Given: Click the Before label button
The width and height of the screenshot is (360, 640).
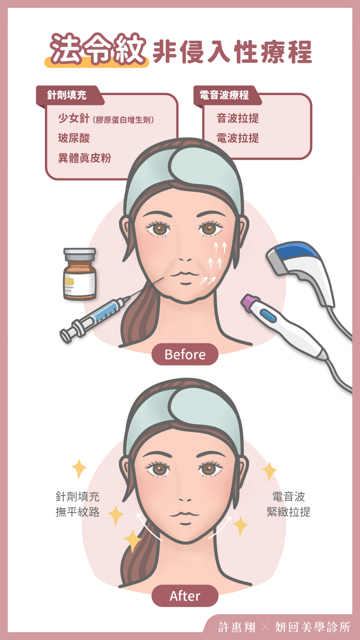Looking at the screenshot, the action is (x=185, y=354).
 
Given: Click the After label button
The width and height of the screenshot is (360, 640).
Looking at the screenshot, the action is (x=185, y=596).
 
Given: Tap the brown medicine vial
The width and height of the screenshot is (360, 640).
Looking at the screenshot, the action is (x=80, y=274).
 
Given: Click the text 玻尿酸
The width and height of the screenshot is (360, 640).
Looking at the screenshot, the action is (x=74, y=138).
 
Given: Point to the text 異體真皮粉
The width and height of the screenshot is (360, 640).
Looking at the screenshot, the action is (x=84, y=158).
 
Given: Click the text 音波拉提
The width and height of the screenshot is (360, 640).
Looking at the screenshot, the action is (x=238, y=118).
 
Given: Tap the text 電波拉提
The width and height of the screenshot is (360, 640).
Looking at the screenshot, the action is (x=238, y=138).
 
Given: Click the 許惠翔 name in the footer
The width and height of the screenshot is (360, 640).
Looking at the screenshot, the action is (x=237, y=627).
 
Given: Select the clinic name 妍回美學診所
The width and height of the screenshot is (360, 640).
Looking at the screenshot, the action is (x=313, y=627).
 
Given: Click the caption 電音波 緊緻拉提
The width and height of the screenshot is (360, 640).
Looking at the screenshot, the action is (x=289, y=504).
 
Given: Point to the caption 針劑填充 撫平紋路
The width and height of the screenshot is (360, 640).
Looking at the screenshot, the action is (x=77, y=504).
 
